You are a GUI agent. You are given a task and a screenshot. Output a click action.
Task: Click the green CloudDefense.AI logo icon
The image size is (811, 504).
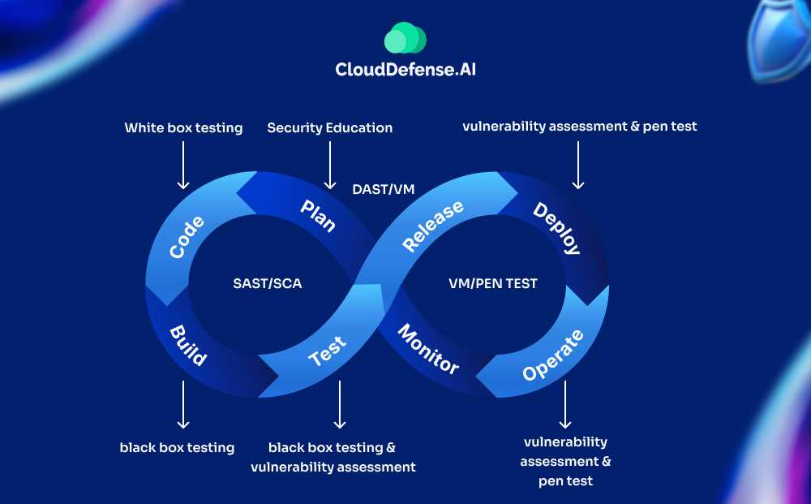405,38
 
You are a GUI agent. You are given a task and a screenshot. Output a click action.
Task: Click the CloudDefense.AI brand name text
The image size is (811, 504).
405,70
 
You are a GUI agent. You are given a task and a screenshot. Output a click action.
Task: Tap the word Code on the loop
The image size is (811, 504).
187,236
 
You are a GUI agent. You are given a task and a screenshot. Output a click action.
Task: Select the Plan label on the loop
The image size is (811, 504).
318,215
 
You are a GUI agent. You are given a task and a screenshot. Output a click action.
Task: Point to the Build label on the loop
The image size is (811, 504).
187,345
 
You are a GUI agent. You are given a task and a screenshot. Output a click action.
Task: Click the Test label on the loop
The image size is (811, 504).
328,351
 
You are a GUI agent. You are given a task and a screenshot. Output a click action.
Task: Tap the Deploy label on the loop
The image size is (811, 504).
556,228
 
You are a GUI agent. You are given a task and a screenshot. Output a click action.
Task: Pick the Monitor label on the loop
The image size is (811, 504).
428,348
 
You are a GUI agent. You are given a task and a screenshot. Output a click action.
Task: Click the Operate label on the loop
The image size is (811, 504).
552,355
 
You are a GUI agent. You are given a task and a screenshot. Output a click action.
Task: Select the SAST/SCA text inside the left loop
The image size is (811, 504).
267,284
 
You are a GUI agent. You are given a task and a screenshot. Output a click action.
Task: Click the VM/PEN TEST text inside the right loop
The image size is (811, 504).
493,284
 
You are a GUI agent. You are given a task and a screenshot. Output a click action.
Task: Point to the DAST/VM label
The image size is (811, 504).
384,189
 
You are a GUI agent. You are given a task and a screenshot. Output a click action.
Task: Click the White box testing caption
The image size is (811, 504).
183,127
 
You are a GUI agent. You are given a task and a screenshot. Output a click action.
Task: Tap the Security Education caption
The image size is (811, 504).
330,127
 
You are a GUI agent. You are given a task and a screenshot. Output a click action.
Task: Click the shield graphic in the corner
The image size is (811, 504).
778,41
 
